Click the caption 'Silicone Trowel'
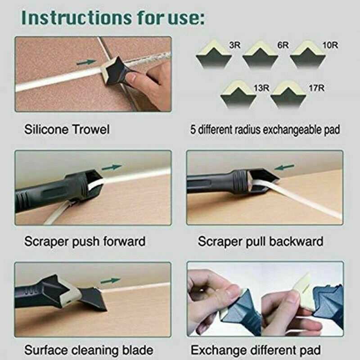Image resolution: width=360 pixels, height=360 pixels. point(66,130)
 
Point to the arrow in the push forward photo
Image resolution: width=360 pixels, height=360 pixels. point(112,167)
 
